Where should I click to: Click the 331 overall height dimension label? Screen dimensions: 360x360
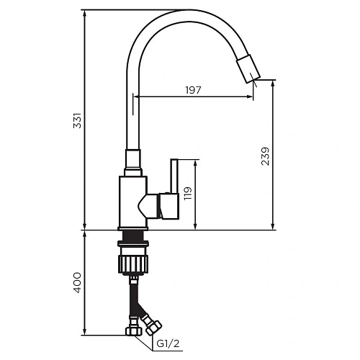click(x=78, y=120)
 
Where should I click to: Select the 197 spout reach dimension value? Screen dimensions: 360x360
click(x=193, y=90)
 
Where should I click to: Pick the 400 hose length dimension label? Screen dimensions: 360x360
click(x=78, y=282)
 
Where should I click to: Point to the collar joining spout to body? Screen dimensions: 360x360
click(x=133, y=162)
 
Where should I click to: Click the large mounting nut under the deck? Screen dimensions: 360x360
click(x=133, y=262)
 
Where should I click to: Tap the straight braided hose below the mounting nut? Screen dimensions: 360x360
click(x=133, y=302)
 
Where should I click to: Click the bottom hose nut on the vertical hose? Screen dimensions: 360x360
click(x=133, y=333)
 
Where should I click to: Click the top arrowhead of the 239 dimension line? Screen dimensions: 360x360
click(x=273, y=83)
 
